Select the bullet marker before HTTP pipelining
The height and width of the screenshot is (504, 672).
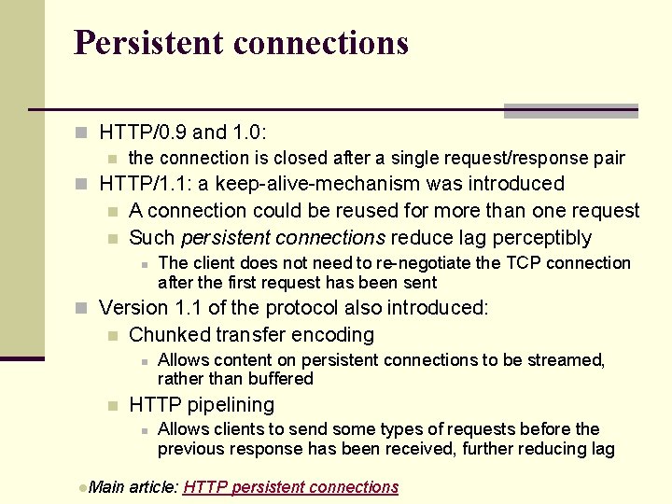(x=111, y=406)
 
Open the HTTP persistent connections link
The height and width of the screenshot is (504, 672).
(x=291, y=487)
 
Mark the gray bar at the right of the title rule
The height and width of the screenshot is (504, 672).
(x=570, y=111)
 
